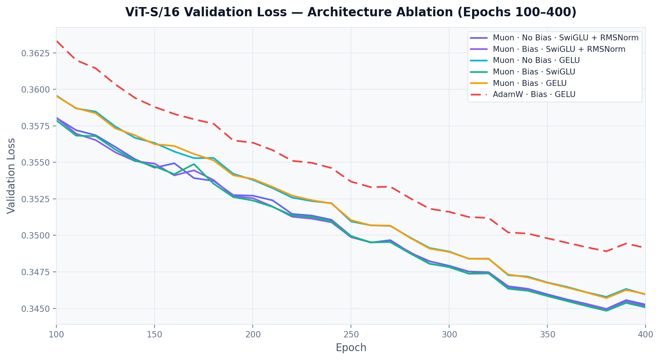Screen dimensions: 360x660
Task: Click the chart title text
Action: pyautogui.click(x=351, y=12)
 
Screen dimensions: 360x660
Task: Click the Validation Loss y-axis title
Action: pyautogui.click(x=11, y=176)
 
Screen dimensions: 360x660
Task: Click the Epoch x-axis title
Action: pyautogui.click(x=351, y=348)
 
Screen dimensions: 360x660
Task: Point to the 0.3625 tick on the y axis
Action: pyautogui.click(x=36, y=53)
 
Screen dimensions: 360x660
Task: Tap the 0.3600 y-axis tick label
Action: pyautogui.click(x=36, y=90)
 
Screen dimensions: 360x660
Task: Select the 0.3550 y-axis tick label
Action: pyautogui.click(x=36, y=163)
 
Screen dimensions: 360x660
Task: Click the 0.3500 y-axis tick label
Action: pyautogui.click(x=36, y=236)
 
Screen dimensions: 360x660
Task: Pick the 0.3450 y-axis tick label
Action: pyautogui.click(x=36, y=309)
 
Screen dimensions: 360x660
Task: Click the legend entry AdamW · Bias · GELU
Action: pyautogui.click(x=534, y=94)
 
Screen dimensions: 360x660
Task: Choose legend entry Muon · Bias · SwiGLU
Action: pyautogui.click(x=534, y=72)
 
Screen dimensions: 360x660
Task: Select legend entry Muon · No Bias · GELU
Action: pyautogui.click(x=536, y=60)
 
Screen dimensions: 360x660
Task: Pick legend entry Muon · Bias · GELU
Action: pyautogui.click(x=529, y=83)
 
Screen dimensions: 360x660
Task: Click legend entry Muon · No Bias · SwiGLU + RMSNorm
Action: pyautogui.click(x=565, y=38)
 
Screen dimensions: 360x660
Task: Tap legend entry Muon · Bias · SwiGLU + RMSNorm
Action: pyautogui.click(x=558, y=49)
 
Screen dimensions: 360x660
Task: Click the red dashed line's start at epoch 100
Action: pyautogui.click(x=57, y=41)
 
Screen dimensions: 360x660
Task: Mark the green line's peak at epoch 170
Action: pyautogui.click(x=194, y=164)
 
